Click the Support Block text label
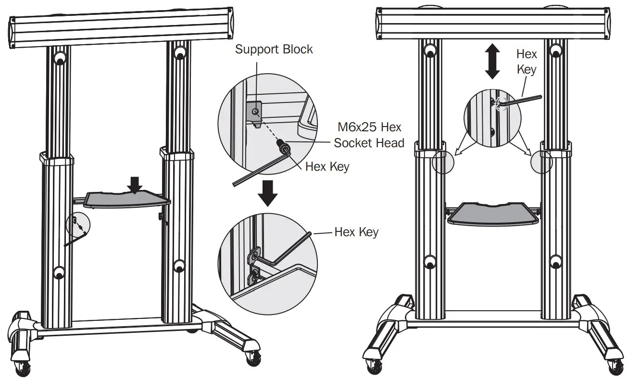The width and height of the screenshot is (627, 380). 274,50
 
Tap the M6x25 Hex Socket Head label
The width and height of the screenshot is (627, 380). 369,135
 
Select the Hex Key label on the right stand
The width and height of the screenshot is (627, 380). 527,61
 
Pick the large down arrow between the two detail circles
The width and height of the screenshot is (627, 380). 268,193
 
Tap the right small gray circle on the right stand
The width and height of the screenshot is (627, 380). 541,162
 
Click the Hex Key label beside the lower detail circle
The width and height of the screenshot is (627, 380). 356,232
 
